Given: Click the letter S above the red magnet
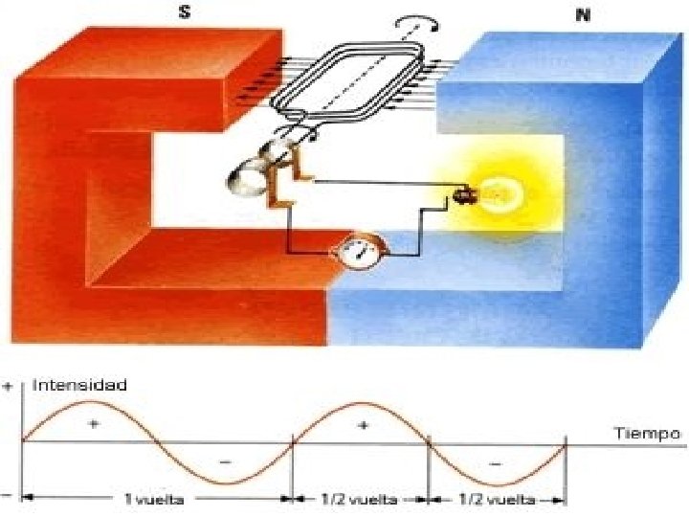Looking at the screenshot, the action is point(184,14).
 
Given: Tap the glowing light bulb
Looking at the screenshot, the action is point(499,193).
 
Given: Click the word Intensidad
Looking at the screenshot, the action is point(79,386).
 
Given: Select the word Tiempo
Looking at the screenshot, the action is point(647,433).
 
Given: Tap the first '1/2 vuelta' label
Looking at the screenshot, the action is point(360,499).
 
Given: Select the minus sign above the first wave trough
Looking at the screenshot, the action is point(225,461).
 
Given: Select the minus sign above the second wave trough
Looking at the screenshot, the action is point(495,461).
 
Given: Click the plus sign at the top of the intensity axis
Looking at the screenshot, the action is point(9,387).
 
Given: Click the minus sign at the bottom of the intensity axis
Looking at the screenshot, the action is point(8,495).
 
